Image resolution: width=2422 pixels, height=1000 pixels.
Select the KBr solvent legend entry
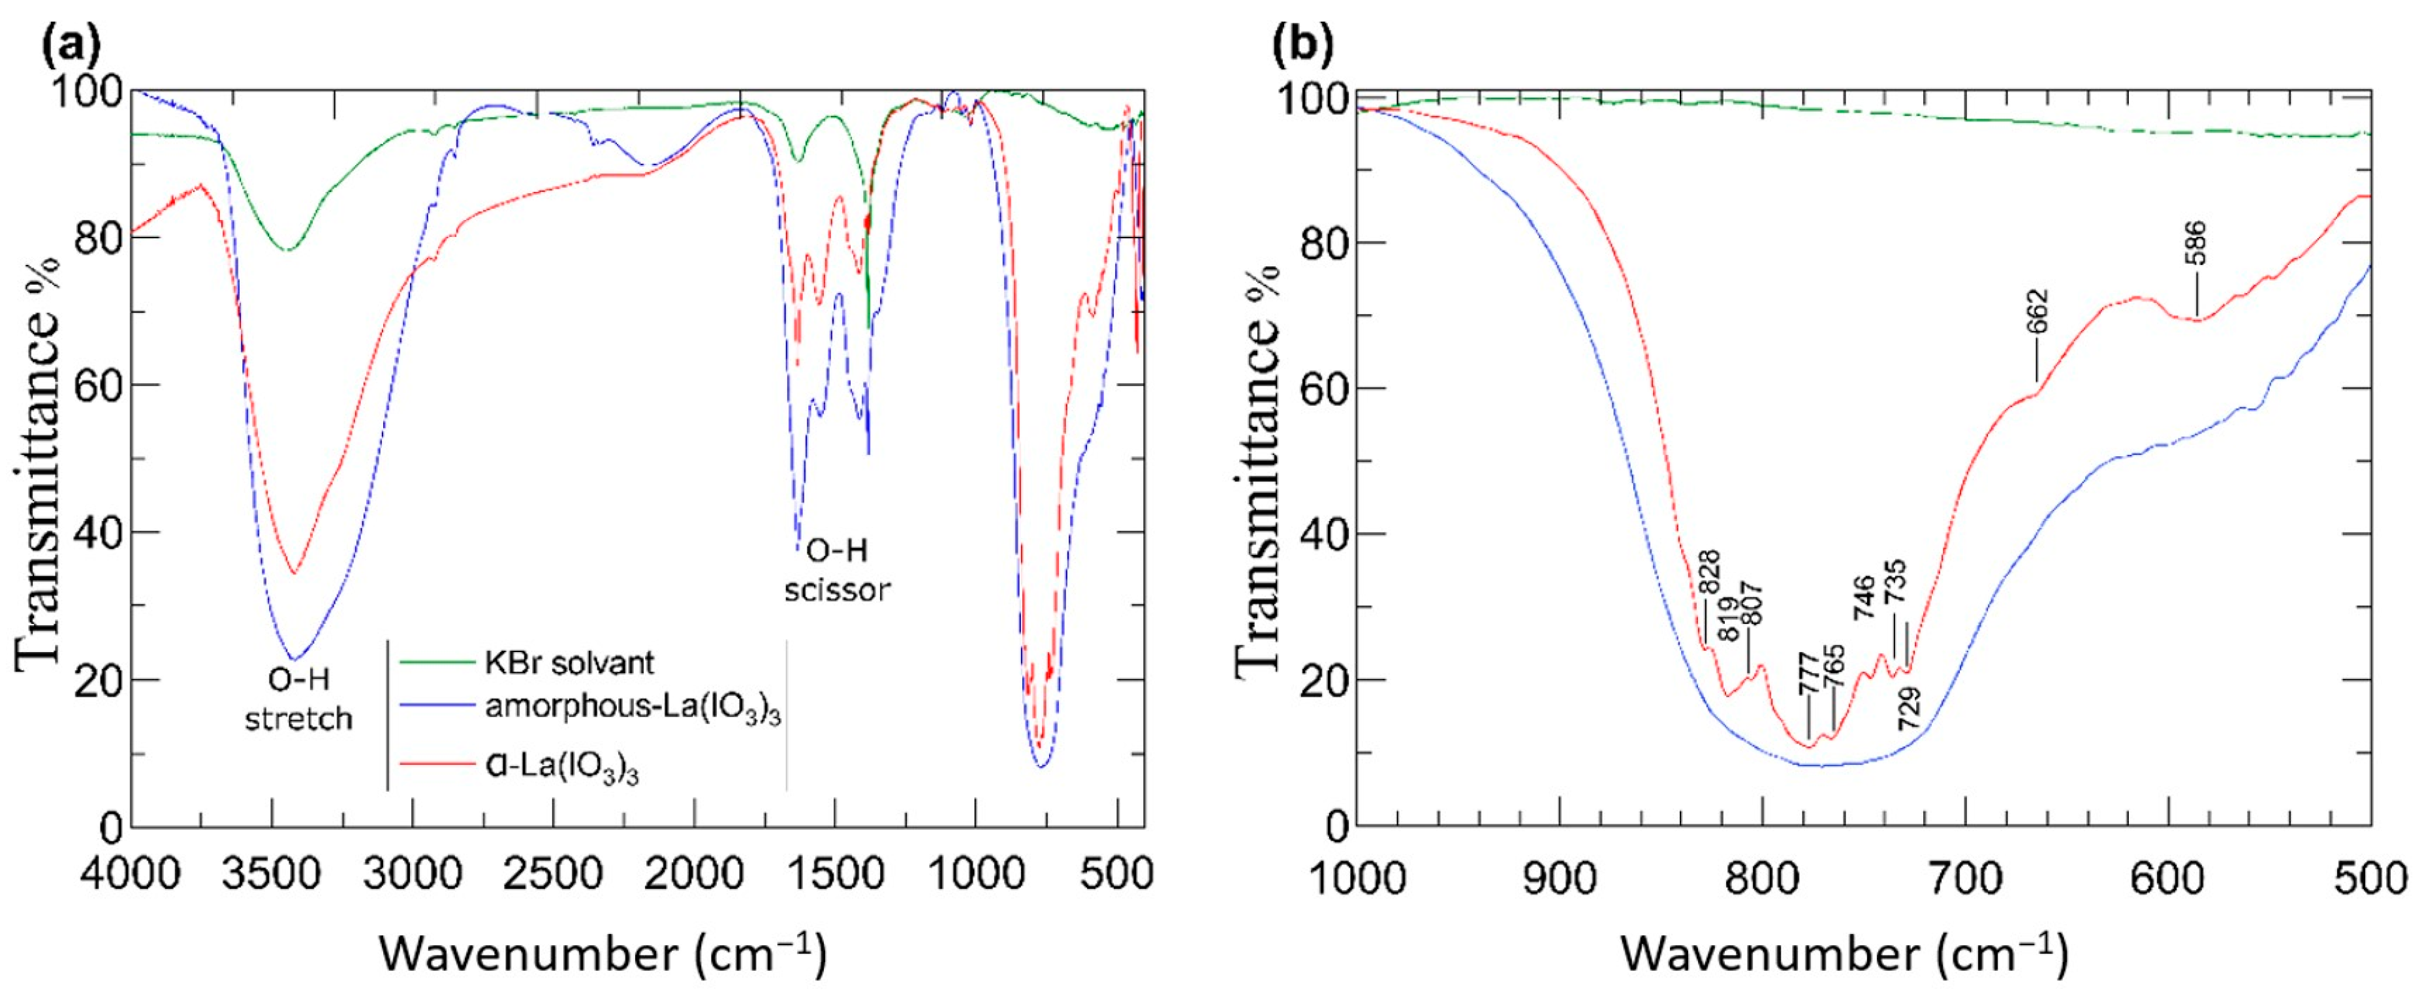tap(569, 663)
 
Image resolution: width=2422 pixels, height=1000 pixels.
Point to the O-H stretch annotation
tap(298, 698)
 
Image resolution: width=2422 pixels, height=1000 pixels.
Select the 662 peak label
tap(2037, 313)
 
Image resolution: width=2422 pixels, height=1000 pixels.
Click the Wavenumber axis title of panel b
tap(1844, 953)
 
